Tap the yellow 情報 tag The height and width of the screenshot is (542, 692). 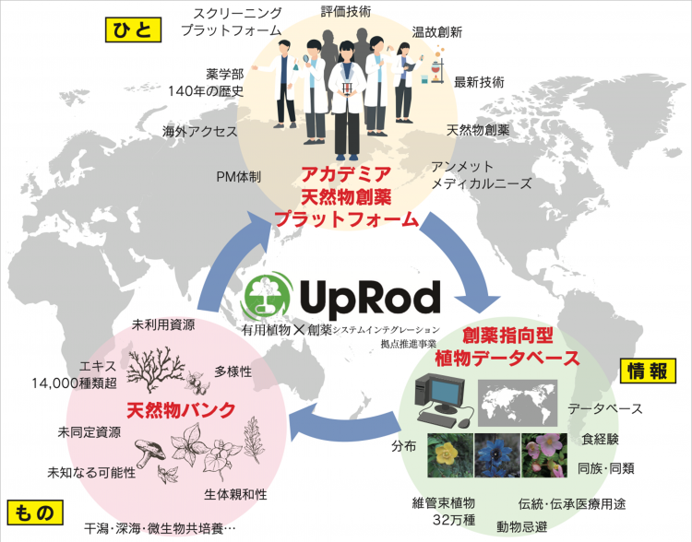click(648, 371)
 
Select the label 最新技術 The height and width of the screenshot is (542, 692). click(479, 82)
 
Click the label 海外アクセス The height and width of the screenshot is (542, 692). click(200, 131)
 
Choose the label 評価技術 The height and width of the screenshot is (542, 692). click(346, 11)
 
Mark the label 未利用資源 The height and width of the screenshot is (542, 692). click(163, 324)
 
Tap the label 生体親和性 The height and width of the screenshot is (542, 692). click(235, 493)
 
